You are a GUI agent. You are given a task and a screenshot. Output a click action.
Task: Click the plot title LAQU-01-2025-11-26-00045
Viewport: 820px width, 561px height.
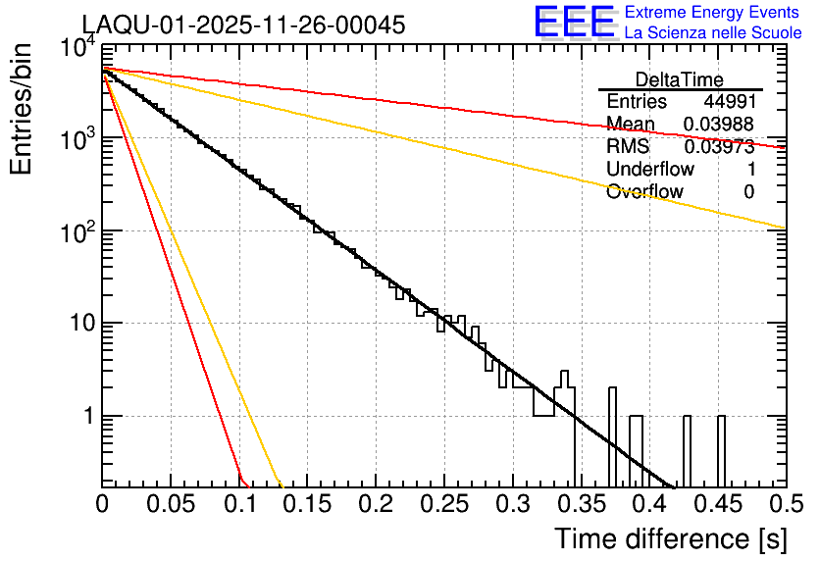pyautogui.click(x=242, y=25)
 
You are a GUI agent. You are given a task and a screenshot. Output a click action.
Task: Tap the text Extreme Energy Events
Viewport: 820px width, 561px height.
pyautogui.click(x=713, y=12)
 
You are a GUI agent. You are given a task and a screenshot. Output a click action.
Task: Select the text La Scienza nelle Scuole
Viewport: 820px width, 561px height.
pyautogui.click(x=713, y=32)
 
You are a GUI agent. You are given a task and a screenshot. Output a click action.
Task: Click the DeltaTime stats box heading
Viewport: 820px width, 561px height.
pyautogui.click(x=680, y=79)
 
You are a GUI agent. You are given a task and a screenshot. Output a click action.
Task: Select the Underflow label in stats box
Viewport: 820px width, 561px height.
pyautogui.click(x=650, y=170)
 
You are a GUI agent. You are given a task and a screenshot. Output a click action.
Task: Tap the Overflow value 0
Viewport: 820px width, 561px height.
pyautogui.click(x=748, y=192)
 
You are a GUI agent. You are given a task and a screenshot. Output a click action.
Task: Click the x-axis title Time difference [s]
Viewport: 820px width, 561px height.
pyautogui.click(x=670, y=538)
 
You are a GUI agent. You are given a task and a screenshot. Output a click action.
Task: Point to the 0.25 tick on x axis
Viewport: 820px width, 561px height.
pyautogui.click(x=443, y=504)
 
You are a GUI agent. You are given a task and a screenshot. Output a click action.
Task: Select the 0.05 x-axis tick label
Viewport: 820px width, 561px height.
pyautogui.click(x=171, y=504)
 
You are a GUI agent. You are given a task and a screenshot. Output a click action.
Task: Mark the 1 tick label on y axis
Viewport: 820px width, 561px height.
pyautogui.click(x=85, y=416)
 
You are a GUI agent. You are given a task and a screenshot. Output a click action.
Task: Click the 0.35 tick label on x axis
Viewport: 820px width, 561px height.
pyautogui.click(x=581, y=504)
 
